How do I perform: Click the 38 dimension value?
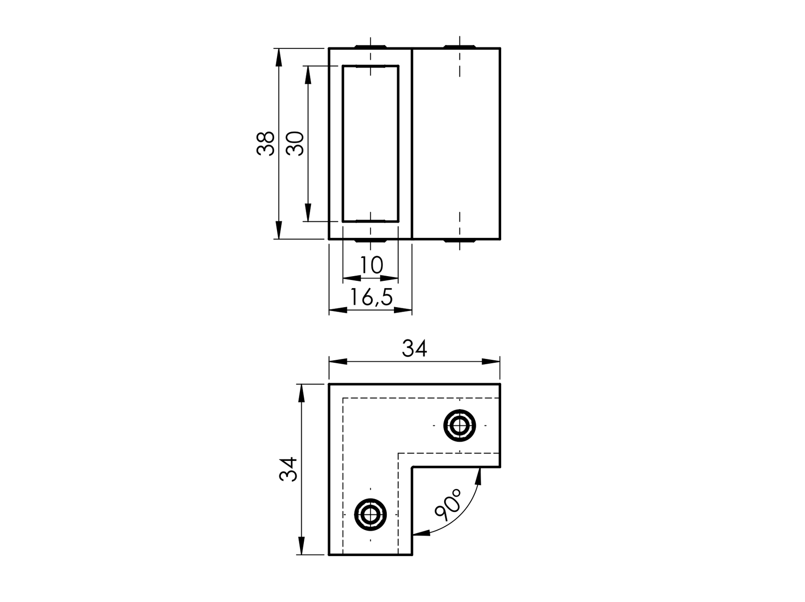pyautogui.click(x=265, y=143)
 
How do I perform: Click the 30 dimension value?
pyautogui.click(x=295, y=143)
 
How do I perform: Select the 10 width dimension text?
pyautogui.click(x=371, y=265)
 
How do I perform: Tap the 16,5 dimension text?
pyautogui.click(x=371, y=298)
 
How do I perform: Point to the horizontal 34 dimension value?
pyautogui.click(x=414, y=349)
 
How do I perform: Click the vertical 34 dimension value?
pyautogui.click(x=289, y=469)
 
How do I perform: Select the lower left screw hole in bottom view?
pyautogui.click(x=370, y=514)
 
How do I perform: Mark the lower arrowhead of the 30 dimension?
pyautogui.click(x=308, y=213)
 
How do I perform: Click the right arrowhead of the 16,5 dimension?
pyautogui.click(x=403, y=310)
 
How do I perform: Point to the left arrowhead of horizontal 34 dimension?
pyautogui.click(x=337, y=361)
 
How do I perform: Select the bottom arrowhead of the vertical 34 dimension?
pyautogui.click(x=301, y=546)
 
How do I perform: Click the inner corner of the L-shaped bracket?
pyautogui.click(x=413, y=467)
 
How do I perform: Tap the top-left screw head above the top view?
pyautogui.click(x=370, y=46)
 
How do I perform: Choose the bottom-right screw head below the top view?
pyautogui.click(x=459, y=241)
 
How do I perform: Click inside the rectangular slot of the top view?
pyautogui.click(x=370, y=144)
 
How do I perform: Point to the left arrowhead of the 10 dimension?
pyautogui.click(x=351, y=278)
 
